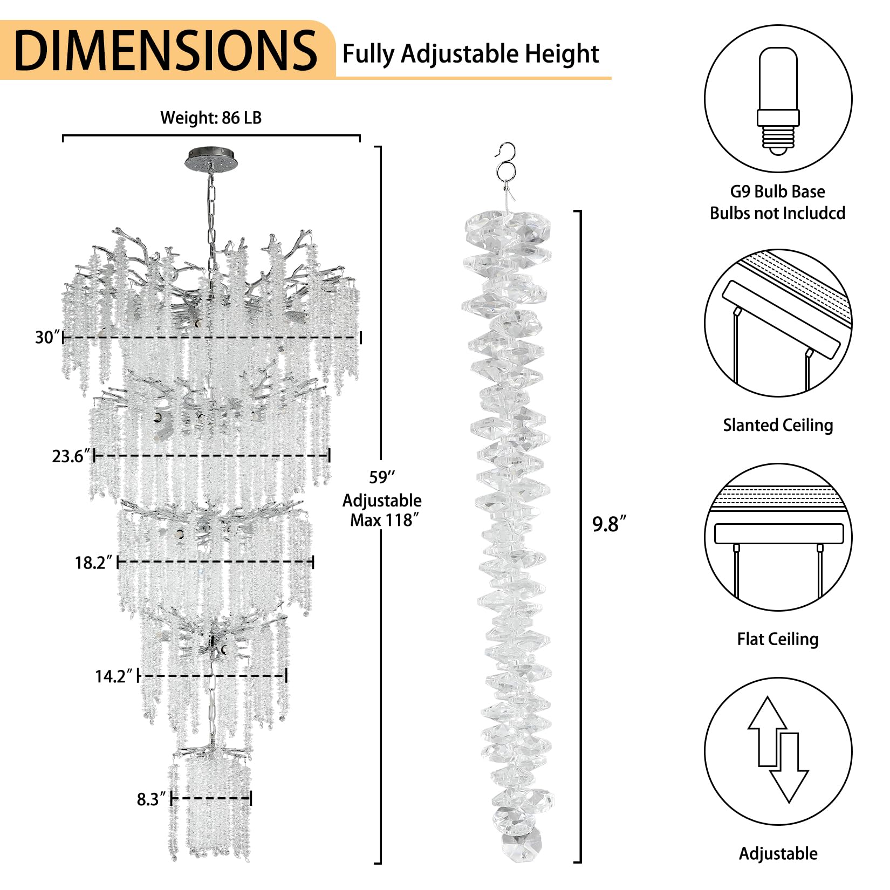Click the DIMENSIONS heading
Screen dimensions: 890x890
[166, 50]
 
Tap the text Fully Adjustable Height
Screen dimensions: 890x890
[470, 54]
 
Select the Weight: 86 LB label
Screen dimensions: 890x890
[211, 118]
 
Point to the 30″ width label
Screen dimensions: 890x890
[46, 338]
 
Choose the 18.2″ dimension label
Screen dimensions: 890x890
[93, 563]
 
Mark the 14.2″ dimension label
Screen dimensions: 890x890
[114, 676]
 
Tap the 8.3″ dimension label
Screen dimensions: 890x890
[152, 799]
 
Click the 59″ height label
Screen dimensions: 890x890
[382, 477]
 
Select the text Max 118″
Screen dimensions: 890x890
[385, 520]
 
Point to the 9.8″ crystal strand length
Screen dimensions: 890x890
[610, 524]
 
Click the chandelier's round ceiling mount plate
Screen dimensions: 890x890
[211, 160]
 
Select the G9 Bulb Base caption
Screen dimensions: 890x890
[778, 191]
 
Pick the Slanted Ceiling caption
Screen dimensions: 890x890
[778, 425]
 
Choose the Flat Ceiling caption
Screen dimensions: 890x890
[778, 639]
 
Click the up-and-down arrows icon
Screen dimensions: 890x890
[778, 750]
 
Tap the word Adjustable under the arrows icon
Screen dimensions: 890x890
[778, 854]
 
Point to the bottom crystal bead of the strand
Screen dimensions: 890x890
[522, 847]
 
